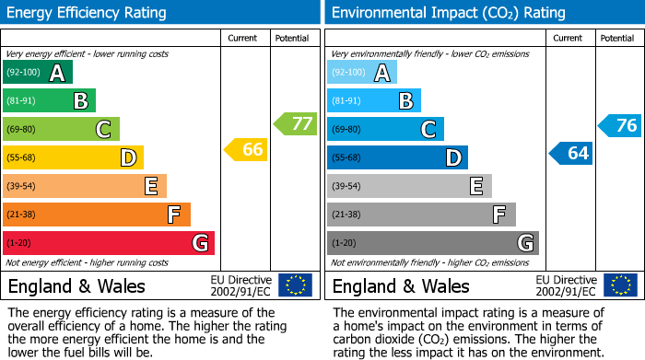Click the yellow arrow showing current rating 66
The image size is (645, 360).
246,149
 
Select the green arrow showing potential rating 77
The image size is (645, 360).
295,123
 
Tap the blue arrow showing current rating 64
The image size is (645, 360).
570,153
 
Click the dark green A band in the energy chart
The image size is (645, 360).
38,73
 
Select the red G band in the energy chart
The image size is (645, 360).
109,243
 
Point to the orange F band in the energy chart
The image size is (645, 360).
97,215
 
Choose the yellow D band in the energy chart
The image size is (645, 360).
73,157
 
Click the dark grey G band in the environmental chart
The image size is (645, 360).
433,243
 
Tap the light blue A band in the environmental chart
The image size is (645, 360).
362,73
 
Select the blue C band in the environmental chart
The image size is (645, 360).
385,129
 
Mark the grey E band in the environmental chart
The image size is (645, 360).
409,186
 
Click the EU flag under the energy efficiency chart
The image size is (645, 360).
295,285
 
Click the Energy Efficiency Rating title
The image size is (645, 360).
88,13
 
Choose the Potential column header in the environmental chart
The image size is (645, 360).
617,38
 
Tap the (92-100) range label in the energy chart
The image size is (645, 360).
23,73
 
